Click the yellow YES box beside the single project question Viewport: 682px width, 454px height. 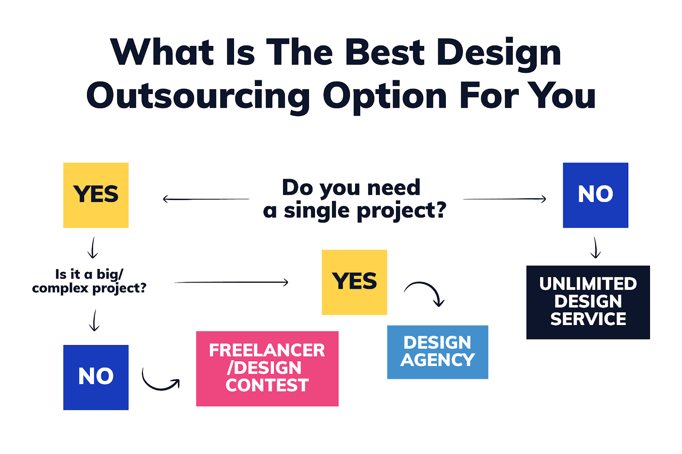pyautogui.click(x=96, y=195)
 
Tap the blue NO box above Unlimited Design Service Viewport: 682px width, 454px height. pyautogui.click(x=595, y=195)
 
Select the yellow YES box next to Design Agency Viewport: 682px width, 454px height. pyautogui.click(x=354, y=282)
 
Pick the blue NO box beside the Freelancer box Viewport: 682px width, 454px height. pyautogui.click(x=96, y=377)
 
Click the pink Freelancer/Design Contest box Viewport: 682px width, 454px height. pyautogui.click(x=267, y=368)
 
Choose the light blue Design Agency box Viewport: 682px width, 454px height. pyautogui.click(x=437, y=352)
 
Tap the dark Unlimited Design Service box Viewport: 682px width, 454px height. pyautogui.click(x=588, y=303)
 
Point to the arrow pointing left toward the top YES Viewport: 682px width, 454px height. pyautogui.click(x=206, y=200)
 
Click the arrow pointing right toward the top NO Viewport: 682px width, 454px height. pyautogui.click(x=504, y=199)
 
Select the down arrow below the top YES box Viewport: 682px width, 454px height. pyautogui.click(x=93, y=248)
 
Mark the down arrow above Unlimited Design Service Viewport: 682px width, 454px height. pyautogui.click(x=595, y=248)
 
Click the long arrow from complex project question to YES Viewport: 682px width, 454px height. pyautogui.click(x=231, y=282)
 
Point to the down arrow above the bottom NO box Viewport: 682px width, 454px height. pyautogui.click(x=94, y=320)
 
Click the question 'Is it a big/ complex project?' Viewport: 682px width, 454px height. pyautogui.click(x=89, y=281)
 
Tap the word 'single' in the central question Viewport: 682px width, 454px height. pyautogui.click(x=317, y=211)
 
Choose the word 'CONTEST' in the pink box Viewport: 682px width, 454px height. pyautogui.click(x=267, y=385)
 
